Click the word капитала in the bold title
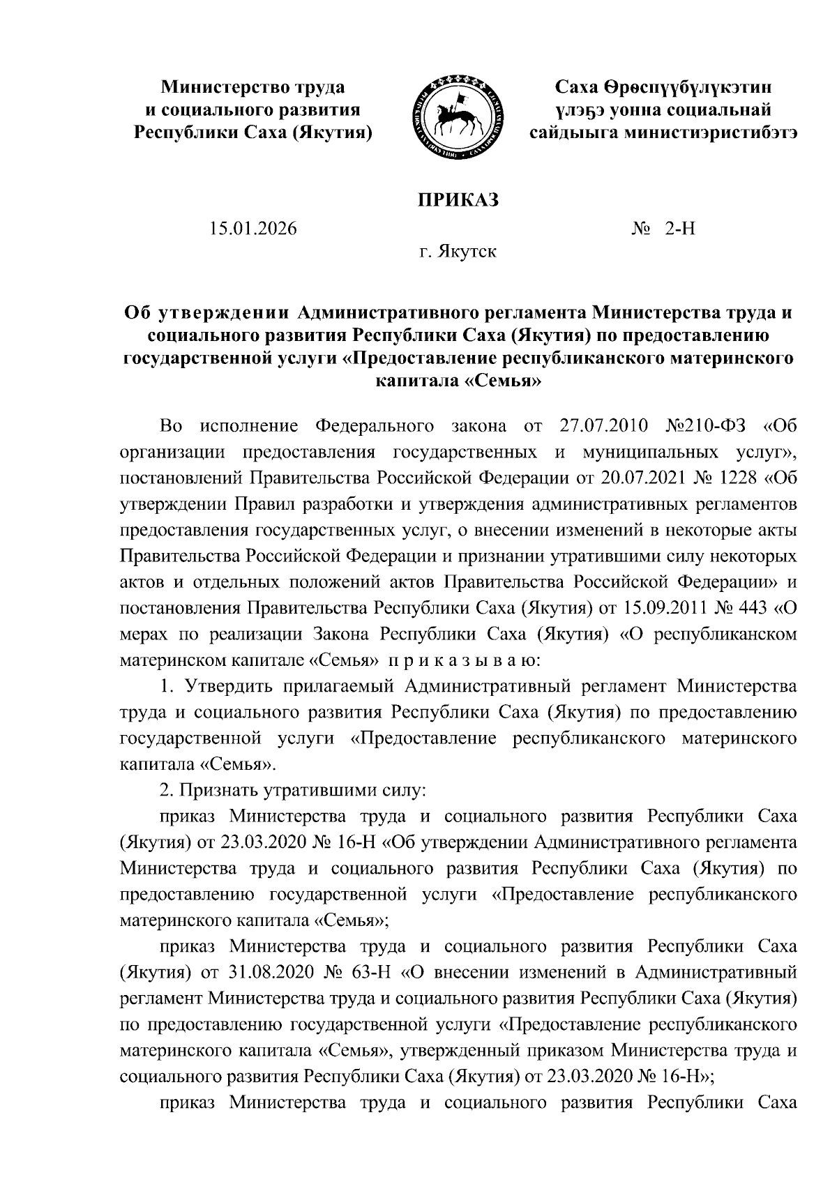pyautogui.click(x=416, y=381)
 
